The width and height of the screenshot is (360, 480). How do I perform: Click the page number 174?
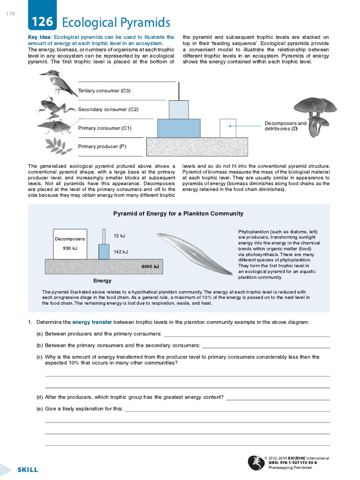(11, 14)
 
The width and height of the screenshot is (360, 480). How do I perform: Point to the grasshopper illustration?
(55, 126)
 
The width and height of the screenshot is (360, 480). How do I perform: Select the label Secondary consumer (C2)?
(108, 109)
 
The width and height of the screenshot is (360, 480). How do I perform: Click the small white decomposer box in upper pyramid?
(228, 127)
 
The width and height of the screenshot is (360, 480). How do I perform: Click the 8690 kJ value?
(150, 267)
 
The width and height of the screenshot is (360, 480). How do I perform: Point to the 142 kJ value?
(121, 252)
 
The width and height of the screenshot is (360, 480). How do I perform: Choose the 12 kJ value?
(119, 236)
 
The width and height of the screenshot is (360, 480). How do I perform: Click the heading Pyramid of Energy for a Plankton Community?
(178, 214)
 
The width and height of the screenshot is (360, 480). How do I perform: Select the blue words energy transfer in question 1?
(92, 322)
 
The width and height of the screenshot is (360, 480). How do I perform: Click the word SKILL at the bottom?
(28, 470)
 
